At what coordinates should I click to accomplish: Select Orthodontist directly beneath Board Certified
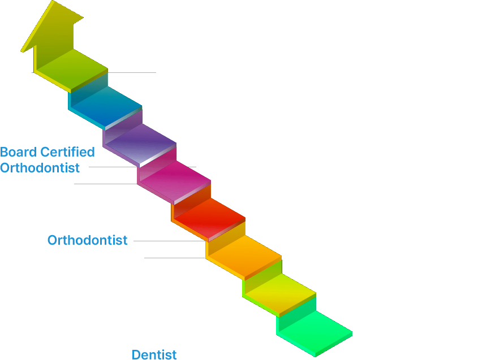(40, 168)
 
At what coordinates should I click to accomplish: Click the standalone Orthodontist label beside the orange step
(88, 240)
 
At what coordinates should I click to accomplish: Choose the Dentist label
(154, 355)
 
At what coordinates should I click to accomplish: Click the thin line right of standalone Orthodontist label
(167, 240)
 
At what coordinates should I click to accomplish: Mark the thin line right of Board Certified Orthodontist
(107, 167)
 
